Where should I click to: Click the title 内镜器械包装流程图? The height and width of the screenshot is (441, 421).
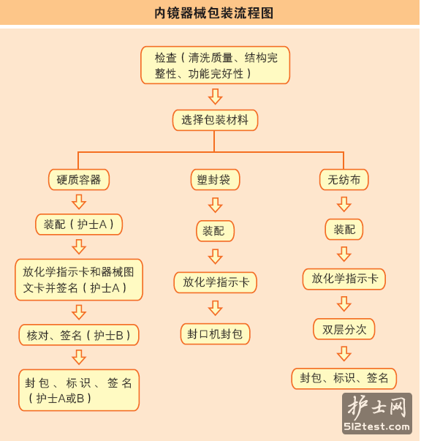click(213, 13)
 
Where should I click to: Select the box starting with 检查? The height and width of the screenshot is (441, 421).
click(216, 65)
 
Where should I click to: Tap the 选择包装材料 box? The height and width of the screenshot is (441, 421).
click(216, 120)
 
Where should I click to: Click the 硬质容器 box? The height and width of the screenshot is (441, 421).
click(79, 180)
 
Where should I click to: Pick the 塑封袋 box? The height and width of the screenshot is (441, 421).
click(216, 180)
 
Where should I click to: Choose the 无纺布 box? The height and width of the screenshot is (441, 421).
click(344, 180)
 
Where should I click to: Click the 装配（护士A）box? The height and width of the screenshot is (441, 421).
click(79, 225)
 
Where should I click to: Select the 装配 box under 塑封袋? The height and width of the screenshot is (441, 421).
click(216, 231)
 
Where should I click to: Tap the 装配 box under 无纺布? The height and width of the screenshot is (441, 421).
click(344, 230)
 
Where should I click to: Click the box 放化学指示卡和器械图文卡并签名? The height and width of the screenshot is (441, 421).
click(79, 280)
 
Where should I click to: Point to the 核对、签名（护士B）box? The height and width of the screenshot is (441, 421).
click(79, 335)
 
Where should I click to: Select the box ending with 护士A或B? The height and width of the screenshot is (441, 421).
click(79, 391)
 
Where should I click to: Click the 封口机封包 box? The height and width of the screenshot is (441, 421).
click(216, 334)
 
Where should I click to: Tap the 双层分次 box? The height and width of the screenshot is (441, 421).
click(344, 329)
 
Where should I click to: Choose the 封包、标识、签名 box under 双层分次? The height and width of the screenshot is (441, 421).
click(344, 379)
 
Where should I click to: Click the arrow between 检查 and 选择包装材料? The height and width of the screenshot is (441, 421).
click(216, 97)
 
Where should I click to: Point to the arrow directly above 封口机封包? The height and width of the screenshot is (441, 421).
click(216, 308)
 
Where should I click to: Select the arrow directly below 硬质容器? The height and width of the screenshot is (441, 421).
click(79, 202)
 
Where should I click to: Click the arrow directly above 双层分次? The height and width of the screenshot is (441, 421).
click(344, 304)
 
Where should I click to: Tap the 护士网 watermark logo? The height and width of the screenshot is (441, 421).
click(377, 413)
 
